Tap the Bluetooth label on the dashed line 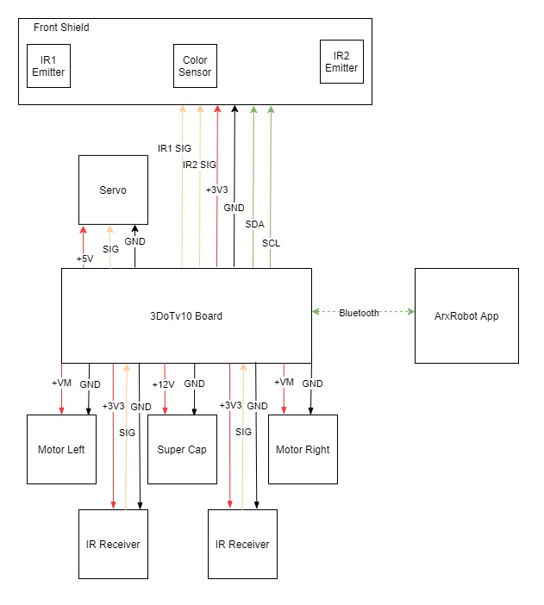click(359, 313)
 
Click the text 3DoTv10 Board click(186, 316)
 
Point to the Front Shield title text click(61, 28)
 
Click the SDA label click(255, 224)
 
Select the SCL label click(271, 243)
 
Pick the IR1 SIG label click(174, 148)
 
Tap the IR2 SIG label click(199, 165)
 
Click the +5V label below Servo click(85, 259)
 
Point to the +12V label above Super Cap click(163, 384)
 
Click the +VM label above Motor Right click(284, 382)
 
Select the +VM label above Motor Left click(61, 383)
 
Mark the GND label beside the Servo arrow click(134, 241)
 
